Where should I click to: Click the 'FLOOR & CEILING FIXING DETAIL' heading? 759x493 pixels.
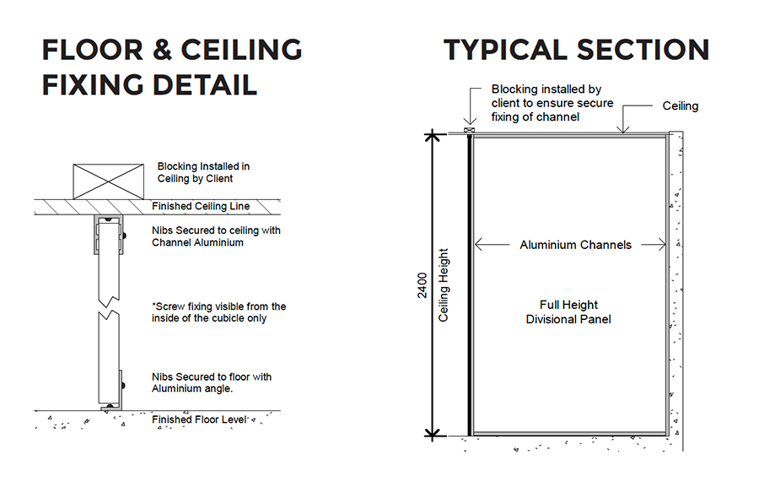coord(172,67)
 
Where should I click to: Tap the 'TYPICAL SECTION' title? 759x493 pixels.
coord(577,50)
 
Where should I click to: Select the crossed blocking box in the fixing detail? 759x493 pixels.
coord(109,181)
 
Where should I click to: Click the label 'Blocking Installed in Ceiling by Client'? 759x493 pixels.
coord(203,172)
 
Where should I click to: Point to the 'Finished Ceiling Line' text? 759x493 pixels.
coord(201,206)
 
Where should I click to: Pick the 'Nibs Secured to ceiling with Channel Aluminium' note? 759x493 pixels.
coord(216,236)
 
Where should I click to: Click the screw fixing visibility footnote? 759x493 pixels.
coord(218,312)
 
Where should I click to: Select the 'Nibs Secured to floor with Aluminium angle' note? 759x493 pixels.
coord(212,382)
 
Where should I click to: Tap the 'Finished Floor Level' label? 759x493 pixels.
coord(199,420)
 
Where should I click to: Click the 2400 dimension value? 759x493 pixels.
coord(423,285)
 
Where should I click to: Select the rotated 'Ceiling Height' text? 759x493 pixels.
coord(444,285)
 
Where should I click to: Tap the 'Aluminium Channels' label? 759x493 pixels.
coord(575,245)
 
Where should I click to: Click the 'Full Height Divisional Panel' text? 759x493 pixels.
coord(568,312)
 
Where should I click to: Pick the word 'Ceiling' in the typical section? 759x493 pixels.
coord(680,106)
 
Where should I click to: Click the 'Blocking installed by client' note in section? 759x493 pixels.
coord(552,103)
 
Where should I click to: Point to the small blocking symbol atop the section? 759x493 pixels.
coord(469,130)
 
